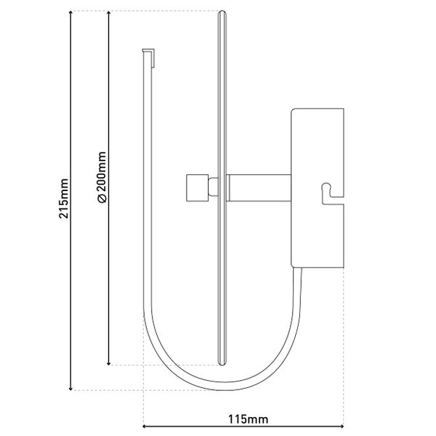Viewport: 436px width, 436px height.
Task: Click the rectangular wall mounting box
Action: point(317,145)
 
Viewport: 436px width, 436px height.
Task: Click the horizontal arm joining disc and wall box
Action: point(258,187)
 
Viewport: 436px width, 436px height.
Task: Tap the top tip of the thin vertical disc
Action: point(222,13)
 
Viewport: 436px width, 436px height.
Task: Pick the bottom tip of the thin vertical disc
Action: point(222,363)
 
